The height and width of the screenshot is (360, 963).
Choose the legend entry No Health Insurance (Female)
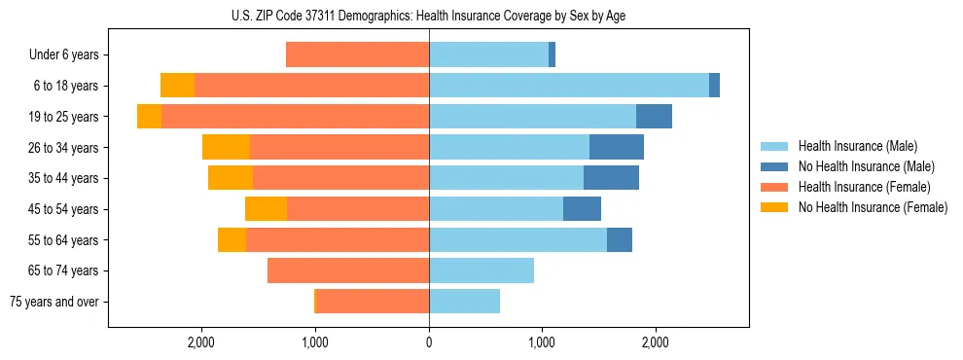(873, 207)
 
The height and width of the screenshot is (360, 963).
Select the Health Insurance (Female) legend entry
(866, 187)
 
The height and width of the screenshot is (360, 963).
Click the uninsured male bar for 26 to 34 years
(617, 147)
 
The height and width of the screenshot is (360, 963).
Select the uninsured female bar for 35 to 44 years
(231, 178)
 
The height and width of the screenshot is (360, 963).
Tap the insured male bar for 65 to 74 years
(481, 270)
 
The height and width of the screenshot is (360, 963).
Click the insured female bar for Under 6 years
(358, 55)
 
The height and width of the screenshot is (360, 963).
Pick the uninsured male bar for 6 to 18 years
(715, 86)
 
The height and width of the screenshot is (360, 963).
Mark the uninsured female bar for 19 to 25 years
(149, 117)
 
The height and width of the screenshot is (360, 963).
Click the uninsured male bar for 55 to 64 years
(620, 239)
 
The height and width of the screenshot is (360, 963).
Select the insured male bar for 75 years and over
(464, 302)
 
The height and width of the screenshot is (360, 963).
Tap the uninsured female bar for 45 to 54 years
(266, 209)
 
